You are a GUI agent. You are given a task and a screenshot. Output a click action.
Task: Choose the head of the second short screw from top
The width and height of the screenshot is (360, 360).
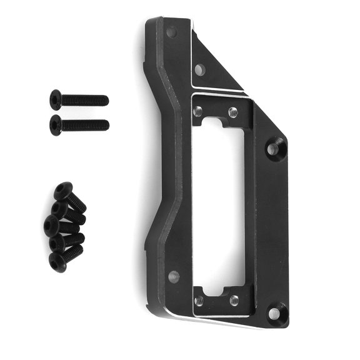tap(59, 209)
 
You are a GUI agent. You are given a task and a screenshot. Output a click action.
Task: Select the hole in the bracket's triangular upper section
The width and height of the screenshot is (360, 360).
tap(199, 69)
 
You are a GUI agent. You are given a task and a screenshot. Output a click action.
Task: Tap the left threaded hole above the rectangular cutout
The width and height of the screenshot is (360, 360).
tap(198, 112)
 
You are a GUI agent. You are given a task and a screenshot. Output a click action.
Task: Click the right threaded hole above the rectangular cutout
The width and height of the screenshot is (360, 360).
tap(233, 112)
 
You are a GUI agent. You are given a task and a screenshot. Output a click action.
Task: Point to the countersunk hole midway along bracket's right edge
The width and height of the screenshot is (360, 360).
tap(274, 149)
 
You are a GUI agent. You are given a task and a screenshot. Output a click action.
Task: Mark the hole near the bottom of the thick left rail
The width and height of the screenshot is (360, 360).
tap(174, 276)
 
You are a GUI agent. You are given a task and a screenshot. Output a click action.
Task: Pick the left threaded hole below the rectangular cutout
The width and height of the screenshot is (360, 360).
tap(199, 301)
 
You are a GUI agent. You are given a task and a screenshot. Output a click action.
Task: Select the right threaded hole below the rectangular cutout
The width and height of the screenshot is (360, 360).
tap(234, 301)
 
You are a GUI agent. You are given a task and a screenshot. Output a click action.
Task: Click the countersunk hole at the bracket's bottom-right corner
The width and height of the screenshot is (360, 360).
tap(274, 312)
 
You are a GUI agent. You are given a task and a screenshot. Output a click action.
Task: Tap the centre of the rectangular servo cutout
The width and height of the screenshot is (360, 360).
tap(216, 206)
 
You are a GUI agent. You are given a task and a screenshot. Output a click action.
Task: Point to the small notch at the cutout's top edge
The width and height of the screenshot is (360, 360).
tap(216, 123)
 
